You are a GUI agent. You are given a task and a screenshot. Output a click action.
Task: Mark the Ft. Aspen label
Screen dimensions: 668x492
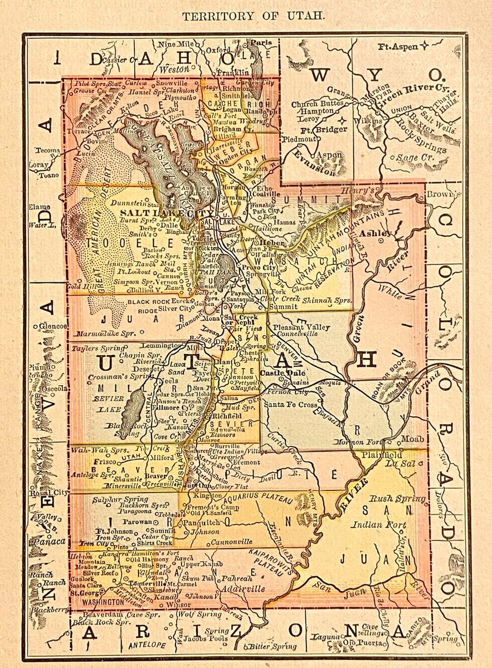[x=398, y=47]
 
